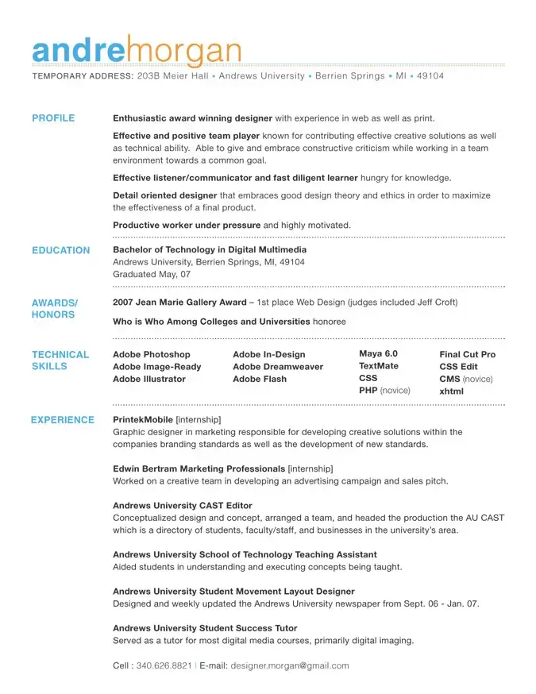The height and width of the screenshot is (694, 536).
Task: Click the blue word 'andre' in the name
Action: (79, 50)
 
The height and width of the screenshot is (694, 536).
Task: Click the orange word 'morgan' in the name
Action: (183, 52)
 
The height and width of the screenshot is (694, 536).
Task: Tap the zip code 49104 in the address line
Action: (430, 76)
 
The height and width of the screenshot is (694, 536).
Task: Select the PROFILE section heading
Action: (53, 118)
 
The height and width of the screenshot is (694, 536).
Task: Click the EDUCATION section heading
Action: (61, 250)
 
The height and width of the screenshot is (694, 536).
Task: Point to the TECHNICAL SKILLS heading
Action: (60, 360)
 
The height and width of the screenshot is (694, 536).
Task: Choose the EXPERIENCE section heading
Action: (62, 420)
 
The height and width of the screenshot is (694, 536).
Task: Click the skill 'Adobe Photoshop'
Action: (152, 354)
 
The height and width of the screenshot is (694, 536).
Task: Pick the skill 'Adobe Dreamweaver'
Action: (278, 367)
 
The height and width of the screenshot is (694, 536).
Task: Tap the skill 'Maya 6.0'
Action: (378, 353)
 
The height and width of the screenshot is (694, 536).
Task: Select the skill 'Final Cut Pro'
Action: (467, 354)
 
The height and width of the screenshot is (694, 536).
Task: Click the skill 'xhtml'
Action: (451, 391)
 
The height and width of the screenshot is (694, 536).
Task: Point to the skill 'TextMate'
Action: (379, 366)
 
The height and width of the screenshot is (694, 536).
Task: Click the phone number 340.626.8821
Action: (164, 665)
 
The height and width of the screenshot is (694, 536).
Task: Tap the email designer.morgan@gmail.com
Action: (290, 665)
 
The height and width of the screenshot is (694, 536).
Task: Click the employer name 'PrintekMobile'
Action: (143, 419)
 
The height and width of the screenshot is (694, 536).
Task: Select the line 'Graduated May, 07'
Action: (152, 274)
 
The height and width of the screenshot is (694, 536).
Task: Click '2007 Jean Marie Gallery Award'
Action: (179, 303)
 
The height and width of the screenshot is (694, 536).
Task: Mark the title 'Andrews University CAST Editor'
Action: (183, 505)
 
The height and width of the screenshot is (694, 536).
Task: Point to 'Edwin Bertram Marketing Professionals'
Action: (199, 468)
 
